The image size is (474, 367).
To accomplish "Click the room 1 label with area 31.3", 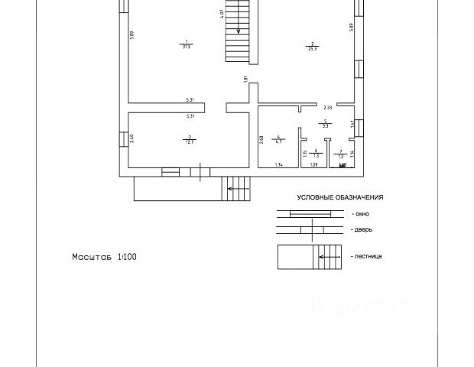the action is pyautogui.click(x=187, y=44).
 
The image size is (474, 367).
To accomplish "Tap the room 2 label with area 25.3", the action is pyautogui.click(x=313, y=45).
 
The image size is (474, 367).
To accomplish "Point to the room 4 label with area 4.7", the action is pyautogui.click(x=279, y=139).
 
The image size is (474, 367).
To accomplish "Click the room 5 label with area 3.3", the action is pyautogui.click(x=325, y=123).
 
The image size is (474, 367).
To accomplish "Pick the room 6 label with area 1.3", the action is pyautogui.click(x=315, y=153).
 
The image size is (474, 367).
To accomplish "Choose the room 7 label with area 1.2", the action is pyautogui.click(x=341, y=153).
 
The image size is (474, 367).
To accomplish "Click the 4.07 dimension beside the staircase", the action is pyautogui.click(x=221, y=13).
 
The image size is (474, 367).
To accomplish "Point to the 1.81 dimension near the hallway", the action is pyautogui.click(x=245, y=80).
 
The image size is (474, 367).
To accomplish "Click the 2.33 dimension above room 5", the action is pyautogui.click(x=326, y=108).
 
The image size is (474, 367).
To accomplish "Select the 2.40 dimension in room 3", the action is pyautogui.click(x=132, y=138).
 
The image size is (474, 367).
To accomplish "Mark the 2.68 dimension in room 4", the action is pyautogui.click(x=261, y=140).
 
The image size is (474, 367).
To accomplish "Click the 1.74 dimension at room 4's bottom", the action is pyautogui.click(x=280, y=164).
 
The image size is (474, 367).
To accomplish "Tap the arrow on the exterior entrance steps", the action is pyautogui.click(x=238, y=187).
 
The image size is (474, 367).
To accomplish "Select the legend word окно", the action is pyautogui.click(x=359, y=215).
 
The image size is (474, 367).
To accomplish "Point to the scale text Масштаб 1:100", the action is pyautogui.click(x=105, y=257).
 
